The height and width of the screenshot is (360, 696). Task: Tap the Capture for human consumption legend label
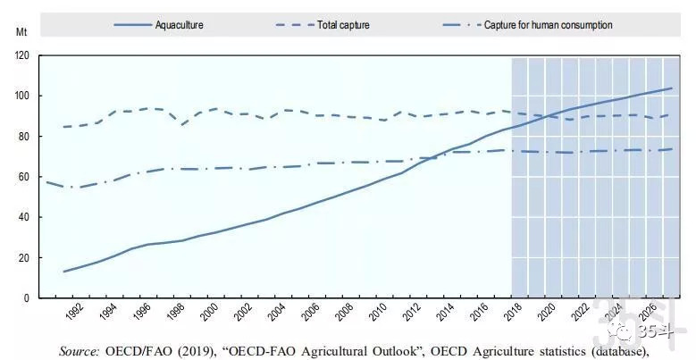(x=548, y=25)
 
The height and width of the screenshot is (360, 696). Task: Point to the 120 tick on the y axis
(x=21, y=55)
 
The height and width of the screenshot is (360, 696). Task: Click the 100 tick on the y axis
(x=21, y=96)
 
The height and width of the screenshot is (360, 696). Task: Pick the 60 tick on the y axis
(x=24, y=177)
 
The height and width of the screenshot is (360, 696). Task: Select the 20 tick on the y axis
(x=24, y=257)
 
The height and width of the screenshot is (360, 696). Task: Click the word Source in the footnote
(x=81, y=352)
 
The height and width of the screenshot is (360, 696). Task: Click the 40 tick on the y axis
(x=24, y=217)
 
